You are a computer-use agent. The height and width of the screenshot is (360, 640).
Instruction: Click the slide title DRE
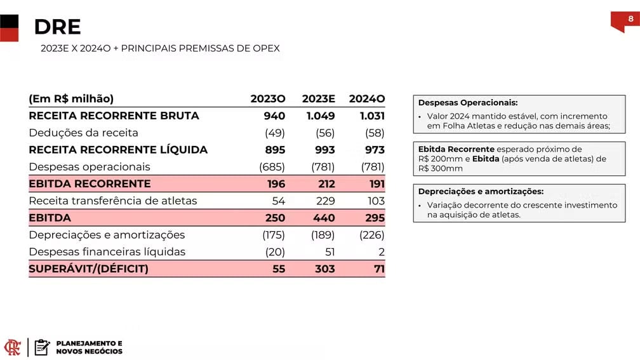(57, 27)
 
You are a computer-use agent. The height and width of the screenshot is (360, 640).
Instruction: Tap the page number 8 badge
(630, 19)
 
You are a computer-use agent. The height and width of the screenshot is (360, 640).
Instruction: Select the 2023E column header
(318, 98)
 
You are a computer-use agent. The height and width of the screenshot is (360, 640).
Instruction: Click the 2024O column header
(367, 98)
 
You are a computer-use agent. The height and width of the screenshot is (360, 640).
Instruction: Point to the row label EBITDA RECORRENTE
(90, 183)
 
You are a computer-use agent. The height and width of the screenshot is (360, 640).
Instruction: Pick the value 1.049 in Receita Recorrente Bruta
(321, 116)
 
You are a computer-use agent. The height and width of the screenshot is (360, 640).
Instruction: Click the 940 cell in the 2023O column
(274, 116)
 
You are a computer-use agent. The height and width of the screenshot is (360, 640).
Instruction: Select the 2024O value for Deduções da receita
(375, 133)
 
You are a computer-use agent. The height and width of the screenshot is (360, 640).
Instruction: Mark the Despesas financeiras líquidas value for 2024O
(381, 252)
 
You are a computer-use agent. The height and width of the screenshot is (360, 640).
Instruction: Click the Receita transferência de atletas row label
(113, 201)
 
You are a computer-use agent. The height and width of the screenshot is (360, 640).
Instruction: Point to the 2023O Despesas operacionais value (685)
(272, 167)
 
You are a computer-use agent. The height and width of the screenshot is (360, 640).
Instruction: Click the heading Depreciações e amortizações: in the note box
(481, 192)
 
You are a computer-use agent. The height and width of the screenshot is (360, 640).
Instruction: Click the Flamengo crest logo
(13, 347)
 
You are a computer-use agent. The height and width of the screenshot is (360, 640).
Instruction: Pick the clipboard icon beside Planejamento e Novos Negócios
(42, 347)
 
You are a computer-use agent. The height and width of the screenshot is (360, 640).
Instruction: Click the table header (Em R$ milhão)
(71, 98)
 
